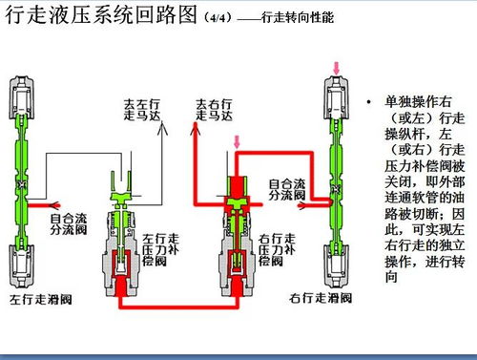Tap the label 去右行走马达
click(x=215, y=110)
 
